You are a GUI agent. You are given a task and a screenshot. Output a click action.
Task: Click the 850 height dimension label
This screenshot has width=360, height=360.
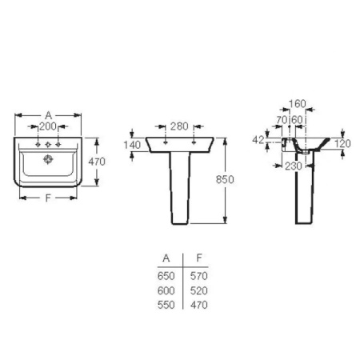pos(225,179)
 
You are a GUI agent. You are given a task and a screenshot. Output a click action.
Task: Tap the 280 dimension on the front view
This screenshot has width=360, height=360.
pos(179,126)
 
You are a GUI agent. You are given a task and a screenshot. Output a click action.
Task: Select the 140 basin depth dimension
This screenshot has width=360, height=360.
pos(132,145)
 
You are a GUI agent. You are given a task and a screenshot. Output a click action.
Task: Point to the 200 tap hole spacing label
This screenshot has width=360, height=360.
pos(48,126)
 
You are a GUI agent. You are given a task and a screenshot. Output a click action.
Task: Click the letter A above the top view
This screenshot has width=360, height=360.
pos(48,115)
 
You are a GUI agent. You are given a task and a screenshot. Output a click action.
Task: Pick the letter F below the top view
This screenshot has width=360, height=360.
pos(48,198)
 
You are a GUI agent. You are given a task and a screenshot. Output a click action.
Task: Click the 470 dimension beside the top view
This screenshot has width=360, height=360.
pos(97,162)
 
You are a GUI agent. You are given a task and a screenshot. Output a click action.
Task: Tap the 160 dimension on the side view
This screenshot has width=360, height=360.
pos(298,104)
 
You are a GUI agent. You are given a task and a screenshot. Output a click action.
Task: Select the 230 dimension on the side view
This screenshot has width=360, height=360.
pos(294,166)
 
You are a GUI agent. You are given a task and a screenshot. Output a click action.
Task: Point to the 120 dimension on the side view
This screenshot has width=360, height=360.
pos(342,144)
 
